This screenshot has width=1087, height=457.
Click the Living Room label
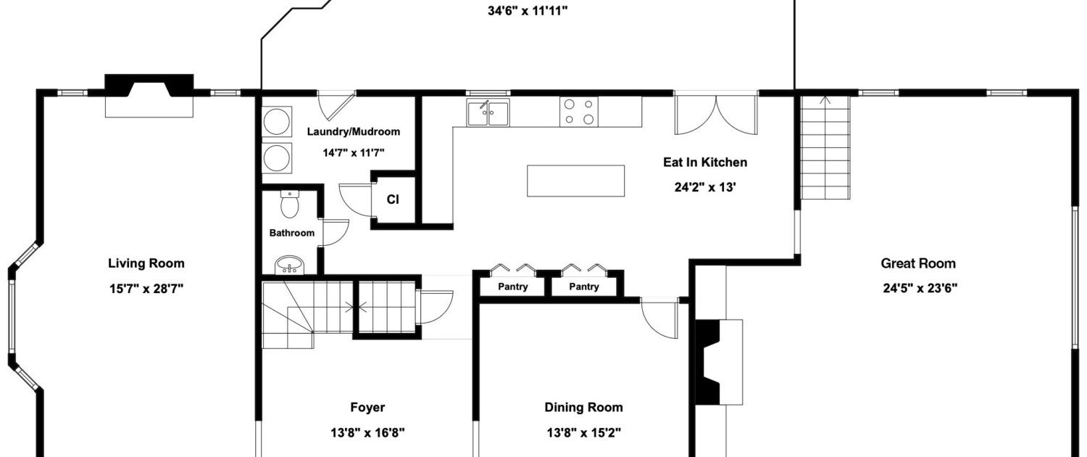click(146, 263)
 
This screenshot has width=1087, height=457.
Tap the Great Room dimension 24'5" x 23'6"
click(920, 289)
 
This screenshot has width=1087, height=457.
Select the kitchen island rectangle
click(575, 181)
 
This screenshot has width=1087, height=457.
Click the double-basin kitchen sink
click(488, 112)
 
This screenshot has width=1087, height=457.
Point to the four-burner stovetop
click(579, 112)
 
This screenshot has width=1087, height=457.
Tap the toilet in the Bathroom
click(290, 204)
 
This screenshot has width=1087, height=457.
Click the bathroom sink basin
click(290, 265)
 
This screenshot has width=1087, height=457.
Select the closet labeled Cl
click(393, 199)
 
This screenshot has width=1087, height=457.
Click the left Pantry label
click(513, 287)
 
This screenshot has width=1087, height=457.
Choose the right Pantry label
click(584, 287)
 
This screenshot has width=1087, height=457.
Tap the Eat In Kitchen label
click(705, 162)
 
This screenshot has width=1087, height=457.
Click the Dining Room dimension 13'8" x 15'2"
click(584, 432)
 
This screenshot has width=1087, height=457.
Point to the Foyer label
click(367, 407)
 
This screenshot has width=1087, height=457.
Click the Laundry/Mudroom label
click(354, 131)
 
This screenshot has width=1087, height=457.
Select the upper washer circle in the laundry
click(277, 122)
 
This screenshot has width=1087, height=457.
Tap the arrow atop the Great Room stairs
click(825, 101)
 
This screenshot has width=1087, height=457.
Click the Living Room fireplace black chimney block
click(149, 86)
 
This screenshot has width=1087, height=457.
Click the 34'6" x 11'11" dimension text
click(528, 11)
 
